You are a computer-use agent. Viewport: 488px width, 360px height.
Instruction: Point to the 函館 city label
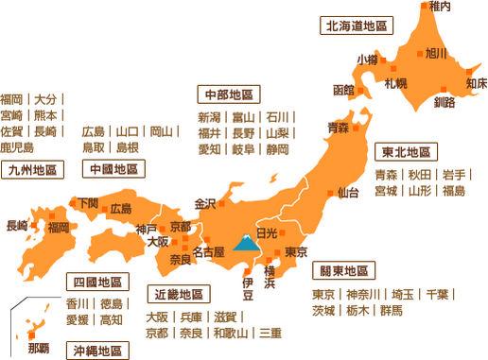point(343,90)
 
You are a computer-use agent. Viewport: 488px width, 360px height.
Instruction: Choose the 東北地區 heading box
point(407,152)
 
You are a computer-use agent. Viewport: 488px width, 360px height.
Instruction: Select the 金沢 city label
point(205,203)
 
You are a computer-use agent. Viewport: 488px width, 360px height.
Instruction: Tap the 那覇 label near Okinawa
point(39,347)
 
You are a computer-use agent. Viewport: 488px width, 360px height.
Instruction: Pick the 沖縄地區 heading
point(98,351)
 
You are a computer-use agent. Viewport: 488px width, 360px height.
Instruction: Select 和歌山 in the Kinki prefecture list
point(231,334)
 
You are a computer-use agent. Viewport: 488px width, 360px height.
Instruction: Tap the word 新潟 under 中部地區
point(210,117)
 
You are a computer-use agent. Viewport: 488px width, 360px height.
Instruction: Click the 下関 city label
point(88,201)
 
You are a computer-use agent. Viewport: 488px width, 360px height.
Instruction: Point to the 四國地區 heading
point(98,282)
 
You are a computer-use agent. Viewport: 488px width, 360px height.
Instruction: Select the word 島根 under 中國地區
point(127,147)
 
